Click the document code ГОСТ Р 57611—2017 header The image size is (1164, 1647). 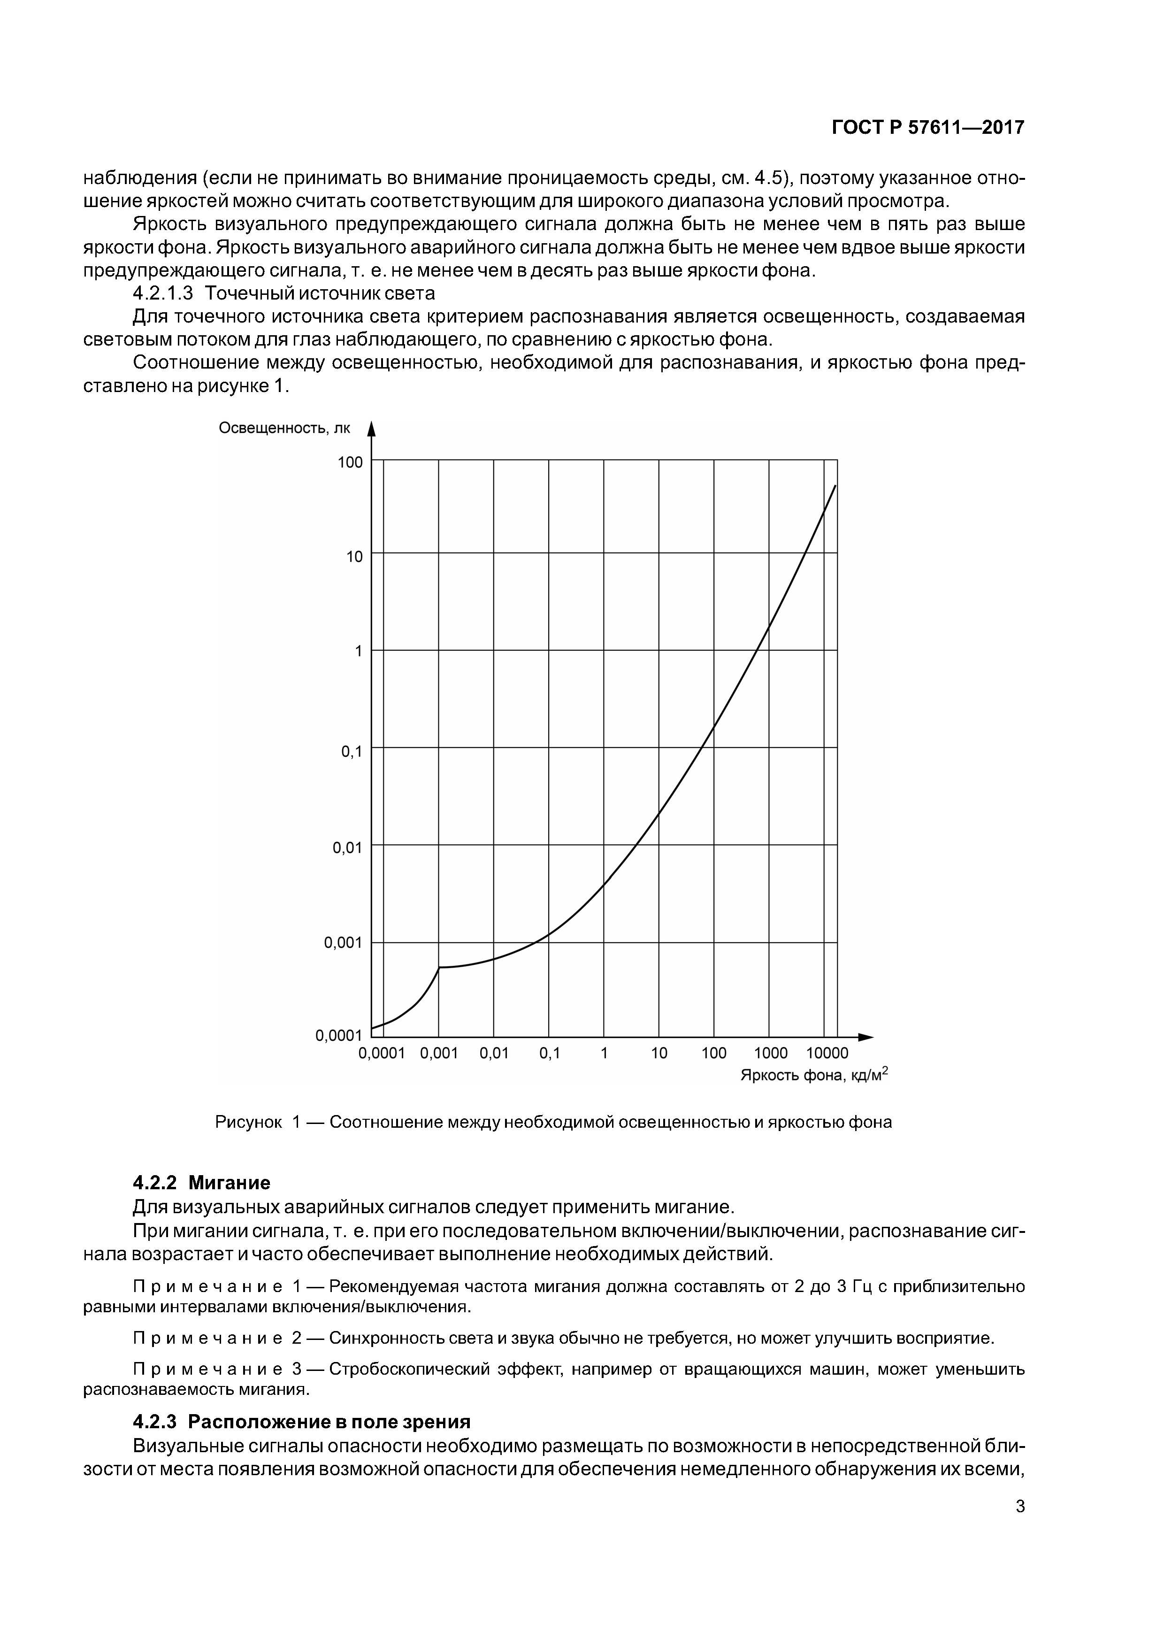[927, 128]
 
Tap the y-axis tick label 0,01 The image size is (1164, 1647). [348, 848]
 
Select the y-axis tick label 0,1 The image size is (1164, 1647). [352, 752]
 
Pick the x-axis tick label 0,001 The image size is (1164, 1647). [438, 1053]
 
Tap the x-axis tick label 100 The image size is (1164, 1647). [713, 1053]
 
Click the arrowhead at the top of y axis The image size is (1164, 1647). [371, 430]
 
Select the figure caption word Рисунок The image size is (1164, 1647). [248, 1122]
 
